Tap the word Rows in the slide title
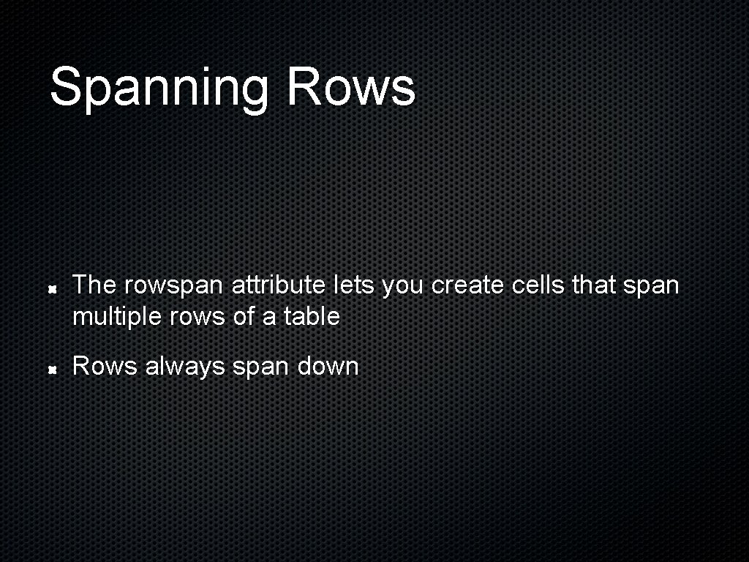(x=351, y=86)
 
